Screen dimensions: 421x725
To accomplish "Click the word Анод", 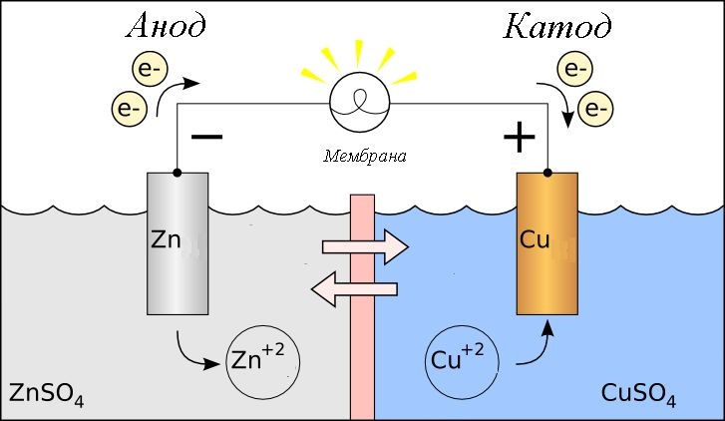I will click(x=165, y=27).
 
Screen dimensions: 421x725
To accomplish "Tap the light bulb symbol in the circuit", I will click(x=361, y=104).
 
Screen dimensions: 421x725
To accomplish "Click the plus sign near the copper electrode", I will click(x=519, y=138).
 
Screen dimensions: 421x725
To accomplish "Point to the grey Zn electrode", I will click(x=178, y=244).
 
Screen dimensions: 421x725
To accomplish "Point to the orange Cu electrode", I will click(x=546, y=244).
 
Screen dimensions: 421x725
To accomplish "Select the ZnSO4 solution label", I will click(x=45, y=394).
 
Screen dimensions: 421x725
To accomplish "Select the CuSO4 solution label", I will click(x=639, y=394).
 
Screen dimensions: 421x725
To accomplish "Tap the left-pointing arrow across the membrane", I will click(x=355, y=289).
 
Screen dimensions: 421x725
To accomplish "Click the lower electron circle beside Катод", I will click(x=595, y=105).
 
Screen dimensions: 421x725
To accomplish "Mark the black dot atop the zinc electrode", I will click(x=178, y=174).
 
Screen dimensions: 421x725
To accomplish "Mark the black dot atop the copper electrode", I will click(x=546, y=174).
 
